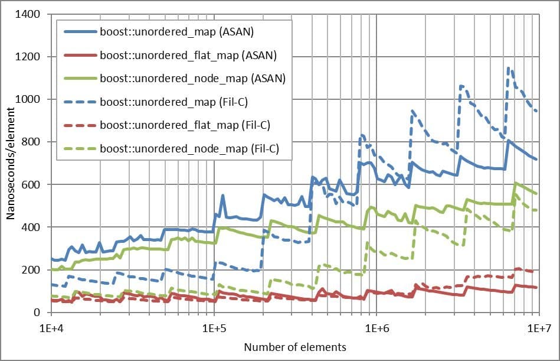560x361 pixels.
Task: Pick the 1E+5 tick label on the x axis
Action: [x=214, y=326]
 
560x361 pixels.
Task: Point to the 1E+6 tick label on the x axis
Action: [x=376, y=326]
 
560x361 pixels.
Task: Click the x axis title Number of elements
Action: [x=295, y=347]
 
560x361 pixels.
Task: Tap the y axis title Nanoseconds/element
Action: [x=11, y=163]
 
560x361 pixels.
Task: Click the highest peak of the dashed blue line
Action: [x=508, y=67]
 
